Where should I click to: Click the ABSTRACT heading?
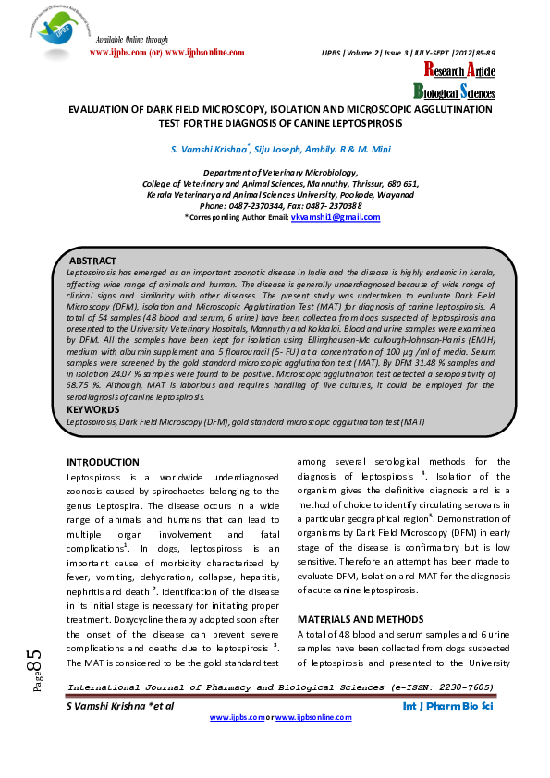[93, 261]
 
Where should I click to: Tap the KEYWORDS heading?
[94, 408]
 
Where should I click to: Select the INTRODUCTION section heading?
[103, 462]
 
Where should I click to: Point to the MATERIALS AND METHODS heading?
[360, 618]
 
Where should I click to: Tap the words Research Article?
[459, 71]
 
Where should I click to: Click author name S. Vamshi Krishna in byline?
[208, 149]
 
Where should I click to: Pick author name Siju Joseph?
[279, 149]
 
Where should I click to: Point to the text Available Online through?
[132, 40]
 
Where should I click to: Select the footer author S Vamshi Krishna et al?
[121, 706]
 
